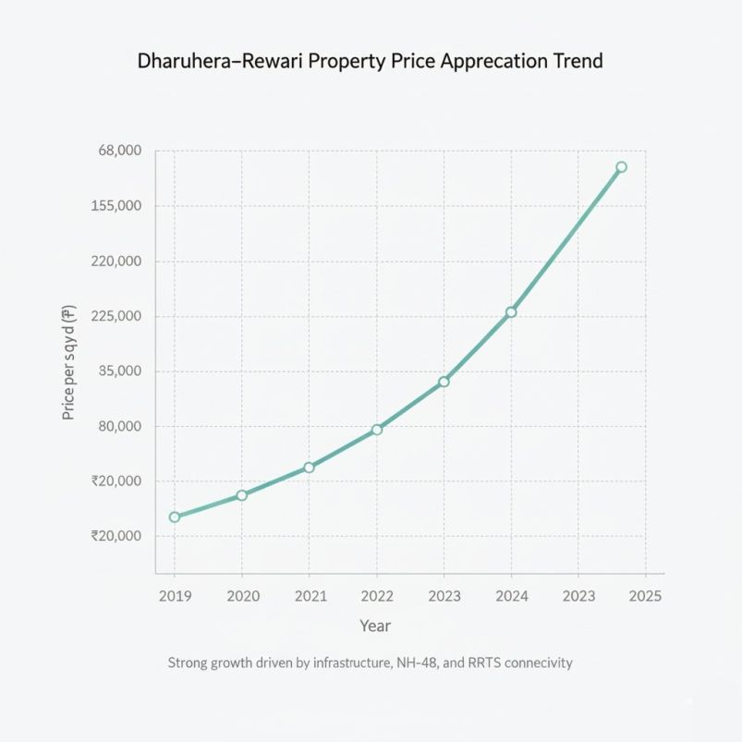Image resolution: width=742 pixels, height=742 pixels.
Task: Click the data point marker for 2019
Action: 175,517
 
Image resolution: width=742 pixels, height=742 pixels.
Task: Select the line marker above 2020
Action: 242,495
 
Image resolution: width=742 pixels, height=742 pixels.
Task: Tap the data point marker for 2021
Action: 309,468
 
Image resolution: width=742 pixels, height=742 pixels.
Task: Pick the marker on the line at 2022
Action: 377,430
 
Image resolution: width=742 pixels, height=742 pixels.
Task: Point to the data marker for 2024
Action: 511,312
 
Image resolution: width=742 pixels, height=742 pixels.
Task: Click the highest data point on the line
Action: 621,167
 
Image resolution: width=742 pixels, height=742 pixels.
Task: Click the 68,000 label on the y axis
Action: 118,151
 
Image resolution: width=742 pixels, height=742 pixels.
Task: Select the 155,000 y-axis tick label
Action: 116,206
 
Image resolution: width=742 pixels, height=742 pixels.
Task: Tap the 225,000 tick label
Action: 116,316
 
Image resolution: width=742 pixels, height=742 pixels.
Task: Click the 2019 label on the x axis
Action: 175,596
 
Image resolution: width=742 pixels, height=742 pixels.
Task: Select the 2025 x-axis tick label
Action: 644,596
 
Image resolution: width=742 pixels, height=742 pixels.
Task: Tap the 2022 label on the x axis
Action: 377,596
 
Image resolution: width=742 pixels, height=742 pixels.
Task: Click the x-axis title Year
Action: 375,626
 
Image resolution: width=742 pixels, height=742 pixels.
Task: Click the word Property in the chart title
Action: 352,62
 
